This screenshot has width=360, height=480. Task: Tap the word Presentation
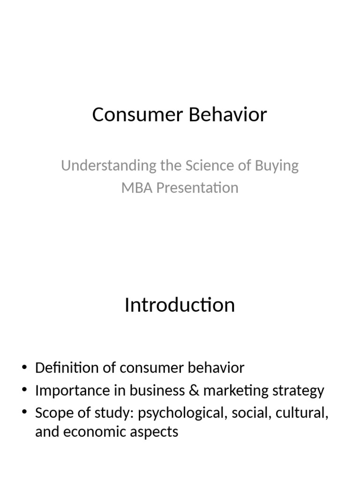197,187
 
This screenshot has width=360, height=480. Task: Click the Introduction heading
180,305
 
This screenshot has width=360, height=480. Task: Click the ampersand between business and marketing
181,390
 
